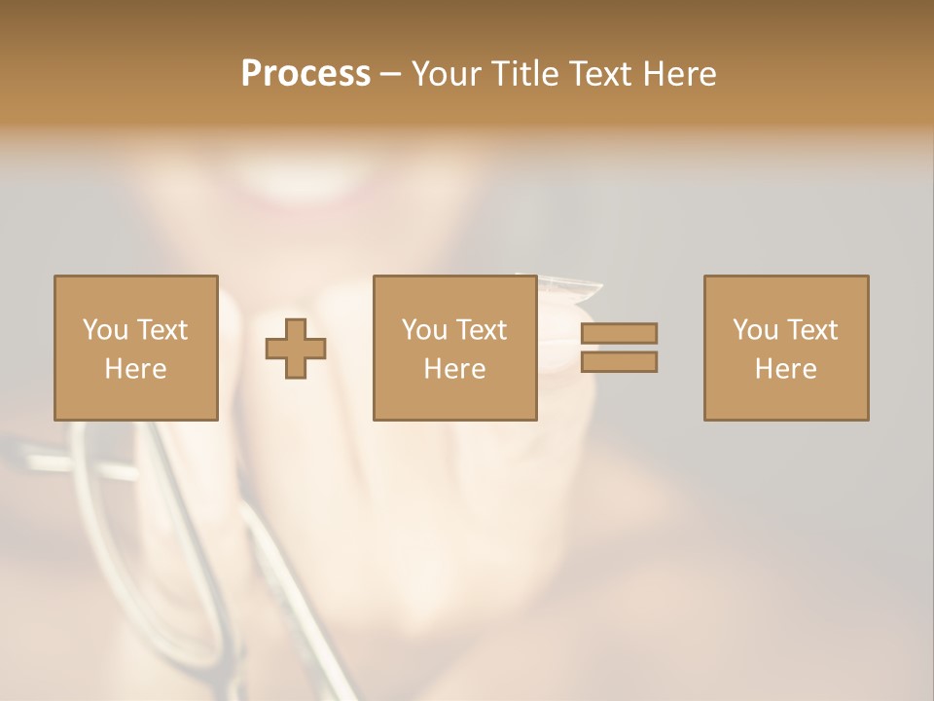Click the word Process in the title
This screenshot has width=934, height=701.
tap(305, 74)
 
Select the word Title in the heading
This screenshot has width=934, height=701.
tap(524, 74)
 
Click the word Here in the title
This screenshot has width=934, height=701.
tap(682, 74)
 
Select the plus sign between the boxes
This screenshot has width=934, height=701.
tap(296, 349)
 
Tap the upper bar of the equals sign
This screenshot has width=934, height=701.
tap(619, 333)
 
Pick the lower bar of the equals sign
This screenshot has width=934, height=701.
tap(619, 362)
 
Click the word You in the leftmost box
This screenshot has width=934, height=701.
tap(104, 330)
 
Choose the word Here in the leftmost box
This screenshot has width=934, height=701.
tap(135, 369)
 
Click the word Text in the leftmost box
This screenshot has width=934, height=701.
tap(161, 330)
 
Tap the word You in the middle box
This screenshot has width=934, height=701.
tap(423, 330)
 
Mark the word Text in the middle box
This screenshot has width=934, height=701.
tap(481, 330)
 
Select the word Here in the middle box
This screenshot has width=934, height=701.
tap(454, 369)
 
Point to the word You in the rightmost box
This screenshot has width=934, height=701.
tap(754, 330)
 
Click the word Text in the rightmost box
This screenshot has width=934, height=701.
tap(811, 330)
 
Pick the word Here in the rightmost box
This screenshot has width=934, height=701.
tap(785, 369)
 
